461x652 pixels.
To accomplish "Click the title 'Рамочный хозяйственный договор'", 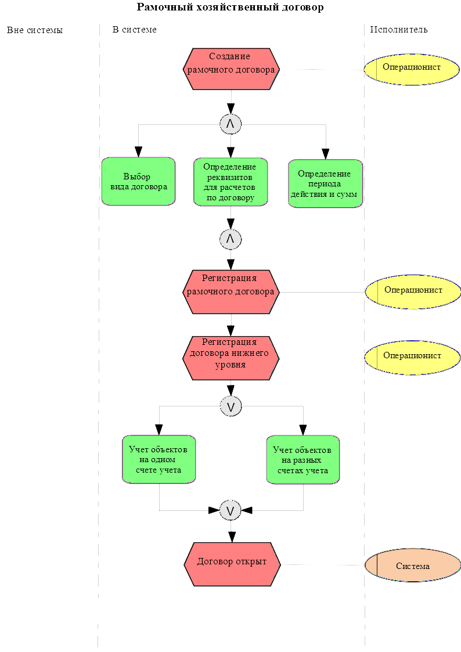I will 230,8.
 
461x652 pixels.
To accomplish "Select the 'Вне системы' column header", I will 35,30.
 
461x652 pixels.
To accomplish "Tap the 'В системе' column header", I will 135,30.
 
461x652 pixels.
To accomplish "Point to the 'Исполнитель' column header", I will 399,30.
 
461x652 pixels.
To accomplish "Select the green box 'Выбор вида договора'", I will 138,182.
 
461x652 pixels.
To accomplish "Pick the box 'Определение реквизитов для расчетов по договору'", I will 230,182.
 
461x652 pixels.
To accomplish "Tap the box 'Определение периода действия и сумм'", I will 325,183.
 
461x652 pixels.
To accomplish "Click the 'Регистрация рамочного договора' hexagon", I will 231,291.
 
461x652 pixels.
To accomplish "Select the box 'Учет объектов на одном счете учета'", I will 159,459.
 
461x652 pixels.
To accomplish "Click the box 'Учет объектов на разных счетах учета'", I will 302,459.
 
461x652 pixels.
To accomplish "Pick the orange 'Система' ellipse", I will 413,565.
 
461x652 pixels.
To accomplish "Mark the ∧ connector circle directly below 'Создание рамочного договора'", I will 230,123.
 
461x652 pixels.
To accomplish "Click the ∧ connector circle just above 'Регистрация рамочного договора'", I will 230,239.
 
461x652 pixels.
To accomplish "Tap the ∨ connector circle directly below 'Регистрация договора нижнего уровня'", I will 230,406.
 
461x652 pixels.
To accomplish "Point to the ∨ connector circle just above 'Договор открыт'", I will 230,510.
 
